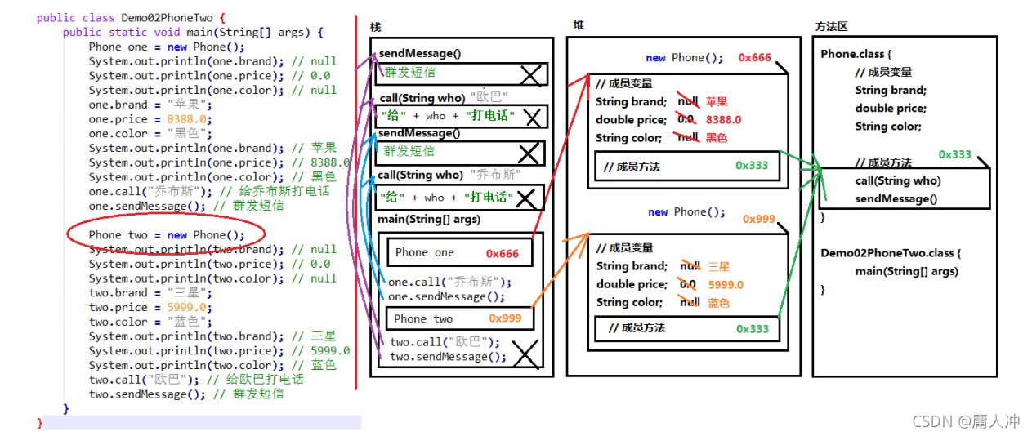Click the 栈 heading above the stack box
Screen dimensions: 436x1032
coord(375,28)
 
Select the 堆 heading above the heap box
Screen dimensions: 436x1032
coord(579,25)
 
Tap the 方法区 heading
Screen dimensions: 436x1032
coord(831,27)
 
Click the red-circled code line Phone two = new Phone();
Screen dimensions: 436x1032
coord(167,235)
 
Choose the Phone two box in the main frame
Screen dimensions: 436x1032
coord(459,319)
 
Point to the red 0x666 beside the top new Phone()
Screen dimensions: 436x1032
coord(754,58)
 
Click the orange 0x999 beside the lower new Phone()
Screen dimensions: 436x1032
coord(758,219)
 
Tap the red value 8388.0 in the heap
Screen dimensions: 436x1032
coord(723,120)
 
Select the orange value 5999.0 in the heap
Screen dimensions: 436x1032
coord(726,285)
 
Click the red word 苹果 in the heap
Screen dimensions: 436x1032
coord(717,102)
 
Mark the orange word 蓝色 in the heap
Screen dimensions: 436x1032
coord(718,303)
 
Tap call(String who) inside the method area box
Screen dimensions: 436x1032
coord(898,181)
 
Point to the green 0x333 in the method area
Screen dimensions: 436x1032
coord(954,154)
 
